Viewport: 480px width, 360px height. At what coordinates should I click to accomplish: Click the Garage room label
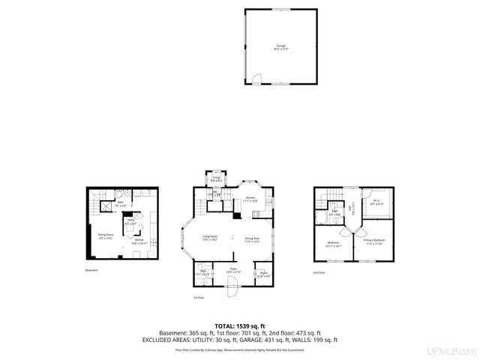(281, 46)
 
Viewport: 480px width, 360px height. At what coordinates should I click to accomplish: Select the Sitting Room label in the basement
(106, 235)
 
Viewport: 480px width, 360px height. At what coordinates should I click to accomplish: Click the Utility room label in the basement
(130, 222)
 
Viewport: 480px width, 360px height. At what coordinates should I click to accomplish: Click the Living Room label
(210, 239)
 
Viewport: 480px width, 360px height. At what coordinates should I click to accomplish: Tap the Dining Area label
(251, 240)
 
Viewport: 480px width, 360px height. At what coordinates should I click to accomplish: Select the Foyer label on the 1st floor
(233, 269)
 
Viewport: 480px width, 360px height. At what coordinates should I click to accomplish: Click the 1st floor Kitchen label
(250, 199)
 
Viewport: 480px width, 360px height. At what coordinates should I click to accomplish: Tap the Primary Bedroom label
(373, 242)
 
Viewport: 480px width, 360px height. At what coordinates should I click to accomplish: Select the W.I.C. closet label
(377, 202)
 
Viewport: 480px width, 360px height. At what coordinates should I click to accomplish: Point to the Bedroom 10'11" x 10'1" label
(334, 244)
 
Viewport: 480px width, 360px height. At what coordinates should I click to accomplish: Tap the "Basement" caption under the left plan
(91, 270)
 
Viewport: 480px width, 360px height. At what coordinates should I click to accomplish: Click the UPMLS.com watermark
(451, 350)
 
